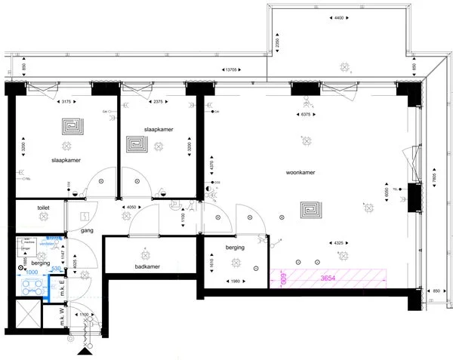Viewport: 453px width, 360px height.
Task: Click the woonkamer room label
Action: click(x=300, y=173)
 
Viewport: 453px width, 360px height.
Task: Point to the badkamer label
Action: click(x=143, y=266)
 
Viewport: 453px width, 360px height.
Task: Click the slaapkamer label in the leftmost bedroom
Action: click(x=66, y=161)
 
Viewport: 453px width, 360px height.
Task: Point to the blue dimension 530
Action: click(x=56, y=267)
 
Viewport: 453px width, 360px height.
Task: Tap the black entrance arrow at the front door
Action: click(x=83, y=351)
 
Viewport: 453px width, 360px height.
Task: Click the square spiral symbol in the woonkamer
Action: click(x=310, y=208)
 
